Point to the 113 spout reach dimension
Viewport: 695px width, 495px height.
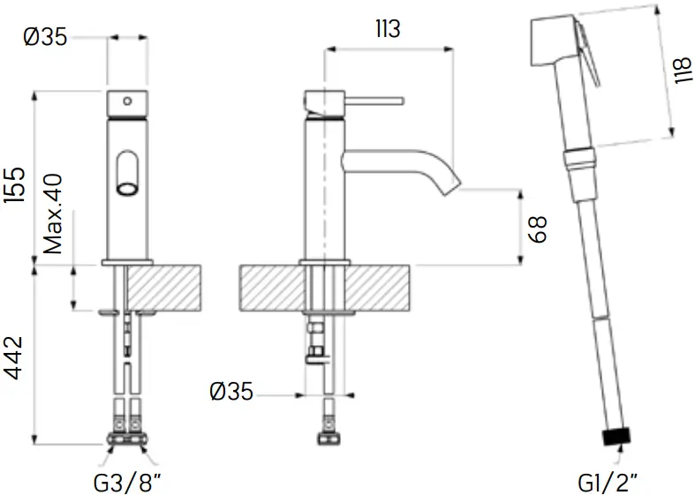[386, 29]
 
